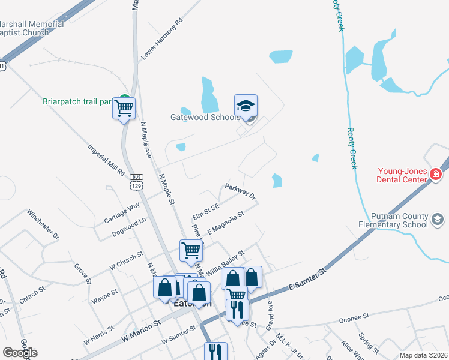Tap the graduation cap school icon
[246, 106]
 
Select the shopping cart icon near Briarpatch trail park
[124, 109]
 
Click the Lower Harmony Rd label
[161, 42]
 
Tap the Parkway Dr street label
[240, 192]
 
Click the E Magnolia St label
[226, 222]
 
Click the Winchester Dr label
[43, 224]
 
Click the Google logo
[20, 353]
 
